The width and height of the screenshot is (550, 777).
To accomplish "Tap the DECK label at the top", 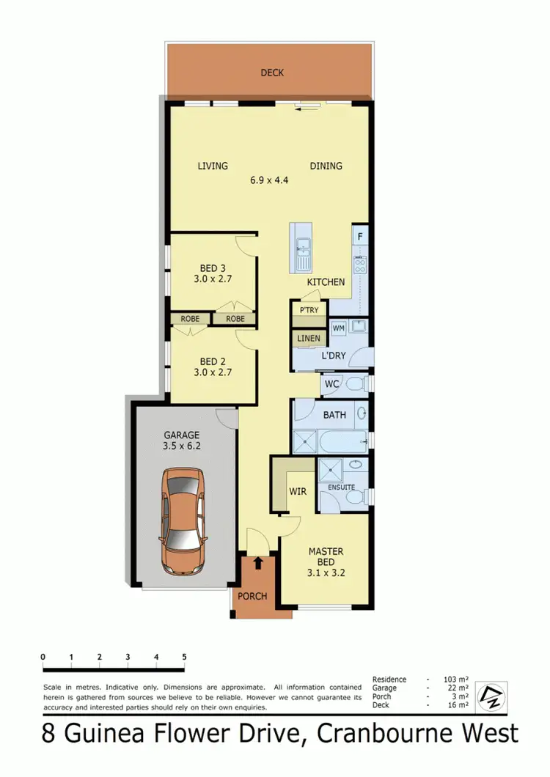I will [x=272, y=73].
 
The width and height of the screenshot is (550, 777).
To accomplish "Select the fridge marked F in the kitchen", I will [x=360, y=237].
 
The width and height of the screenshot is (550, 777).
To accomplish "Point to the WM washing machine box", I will [x=339, y=328].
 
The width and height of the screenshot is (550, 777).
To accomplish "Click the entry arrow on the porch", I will [x=258, y=563].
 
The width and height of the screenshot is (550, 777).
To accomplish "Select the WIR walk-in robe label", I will [x=297, y=490].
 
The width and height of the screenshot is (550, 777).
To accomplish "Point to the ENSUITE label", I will [x=342, y=487].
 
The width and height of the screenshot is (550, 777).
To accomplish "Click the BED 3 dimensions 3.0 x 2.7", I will [x=213, y=279].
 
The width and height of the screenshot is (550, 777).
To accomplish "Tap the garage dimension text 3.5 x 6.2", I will [x=182, y=445].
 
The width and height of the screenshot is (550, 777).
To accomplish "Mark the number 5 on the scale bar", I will [x=184, y=657].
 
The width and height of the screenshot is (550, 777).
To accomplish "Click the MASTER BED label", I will [x=326, y=557].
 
